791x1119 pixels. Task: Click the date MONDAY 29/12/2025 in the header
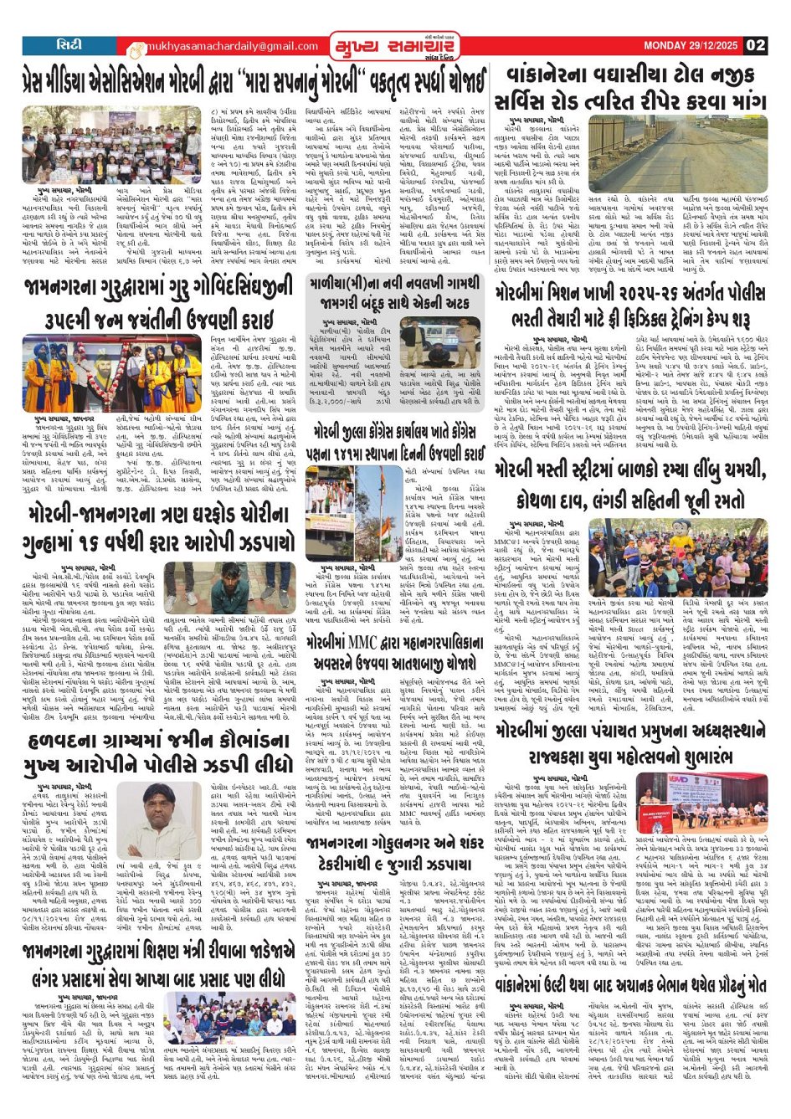point(691,45)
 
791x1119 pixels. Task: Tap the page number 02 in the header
point(756,45)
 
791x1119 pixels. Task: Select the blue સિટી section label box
point(64,44)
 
